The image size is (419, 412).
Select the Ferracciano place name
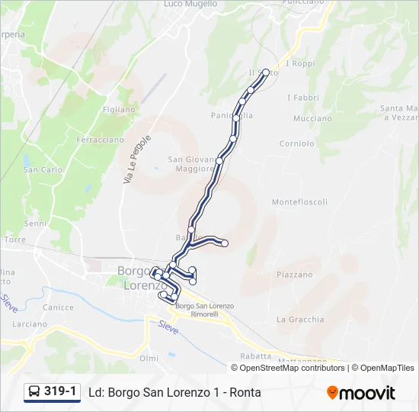[x=99, y=140]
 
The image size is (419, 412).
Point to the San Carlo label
[x=43, y=170]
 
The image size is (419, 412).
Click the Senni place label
[x=35, y=224]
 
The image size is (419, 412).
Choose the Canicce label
[x=59, y=307]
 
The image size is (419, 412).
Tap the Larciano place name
[x=30, y=323]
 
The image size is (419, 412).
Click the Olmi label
[x=149, y=358]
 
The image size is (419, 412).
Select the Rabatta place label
[x=255, y=356]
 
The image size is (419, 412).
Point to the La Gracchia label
[x=300, y=320]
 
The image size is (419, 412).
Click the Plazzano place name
[x=294, y=275]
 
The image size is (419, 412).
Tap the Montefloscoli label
[x=299, y=202]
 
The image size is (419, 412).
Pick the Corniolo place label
[x=296, y=143]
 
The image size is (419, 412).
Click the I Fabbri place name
[x=302, y=98]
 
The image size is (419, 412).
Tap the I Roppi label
[x=300, y=64]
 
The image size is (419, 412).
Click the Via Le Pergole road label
[x=138, y=159]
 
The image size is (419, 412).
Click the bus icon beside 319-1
[x=34, y=392]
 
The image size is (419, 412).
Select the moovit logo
[x=361, y=393]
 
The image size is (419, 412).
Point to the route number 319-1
[x=60, y=392]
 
